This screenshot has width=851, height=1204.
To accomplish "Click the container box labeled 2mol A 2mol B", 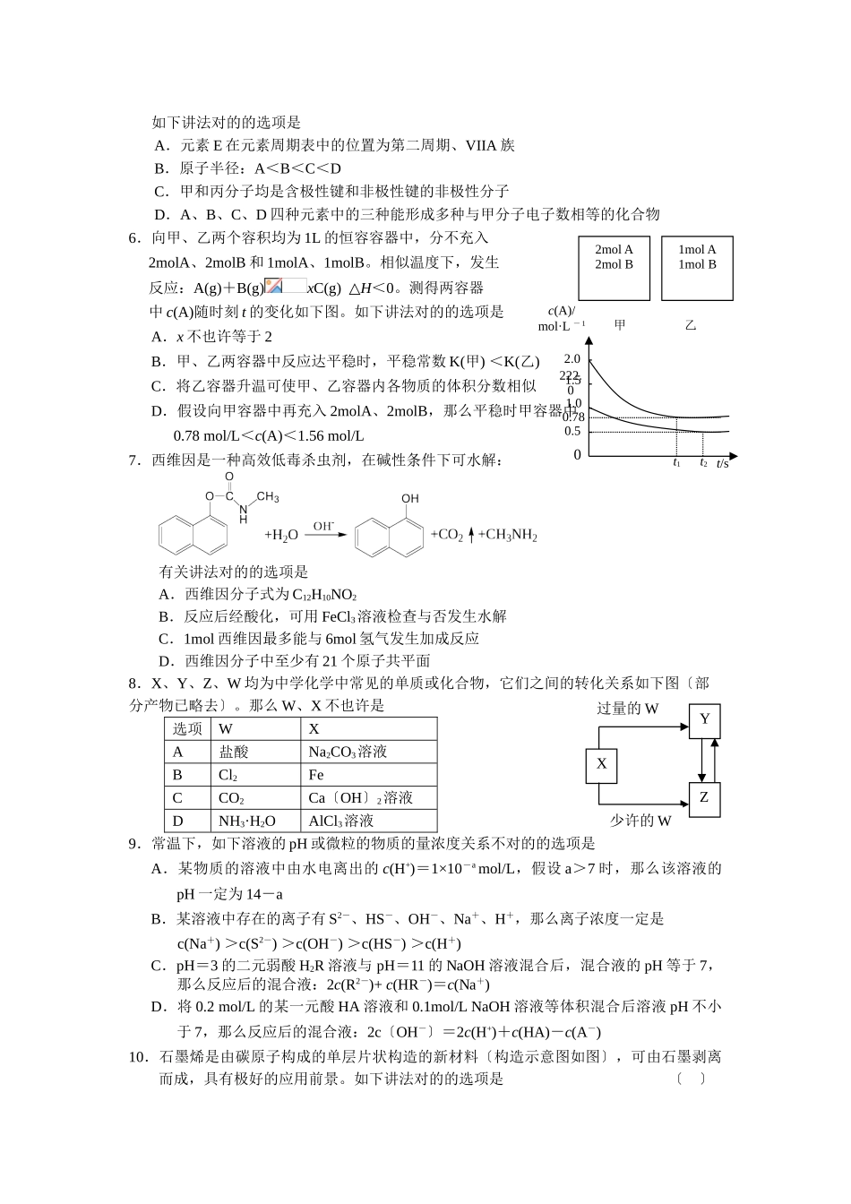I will click(x=614, y=268).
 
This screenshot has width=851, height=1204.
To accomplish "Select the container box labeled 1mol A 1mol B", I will click(x=697, y=268).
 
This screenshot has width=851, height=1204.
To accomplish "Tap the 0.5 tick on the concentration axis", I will click(x=572, y=432).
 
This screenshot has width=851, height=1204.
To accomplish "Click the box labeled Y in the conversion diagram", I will click(x=704, y=719).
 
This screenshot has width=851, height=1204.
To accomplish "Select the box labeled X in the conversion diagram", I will click(x=601, y=764).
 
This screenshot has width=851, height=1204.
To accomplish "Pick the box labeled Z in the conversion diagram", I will click(x=704, y=797).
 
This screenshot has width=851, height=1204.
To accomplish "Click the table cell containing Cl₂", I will click(x=228, y=775).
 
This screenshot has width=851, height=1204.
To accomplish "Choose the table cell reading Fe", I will click(x=316, y=775).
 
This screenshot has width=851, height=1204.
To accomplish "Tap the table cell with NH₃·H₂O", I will click(x=247, y=821).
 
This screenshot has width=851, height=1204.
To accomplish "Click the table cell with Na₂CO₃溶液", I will click(x=348, y=752).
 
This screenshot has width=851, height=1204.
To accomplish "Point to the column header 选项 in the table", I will click(x=188, y=729).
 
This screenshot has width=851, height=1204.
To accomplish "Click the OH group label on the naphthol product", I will click(x=409, y=499).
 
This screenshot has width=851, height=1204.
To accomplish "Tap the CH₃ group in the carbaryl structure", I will click(x=268, y=497).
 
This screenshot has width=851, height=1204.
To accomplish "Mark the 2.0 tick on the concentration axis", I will click(x=572, y=359).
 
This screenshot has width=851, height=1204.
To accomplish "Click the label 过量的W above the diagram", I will click(x=628, y=709).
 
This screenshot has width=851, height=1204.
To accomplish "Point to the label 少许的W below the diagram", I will click(x=640, y=821).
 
